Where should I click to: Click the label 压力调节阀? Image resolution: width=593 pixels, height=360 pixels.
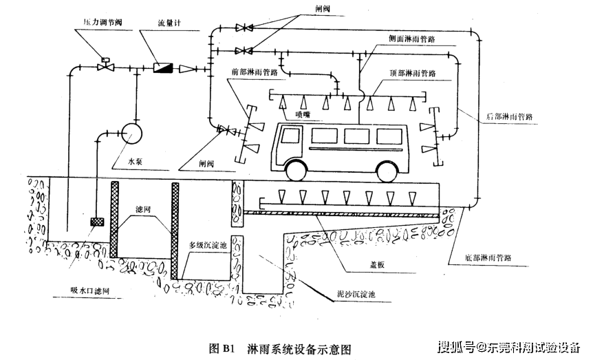98,23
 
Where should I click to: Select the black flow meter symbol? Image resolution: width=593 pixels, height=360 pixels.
163,67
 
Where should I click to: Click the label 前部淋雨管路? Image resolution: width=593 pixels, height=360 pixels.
255,71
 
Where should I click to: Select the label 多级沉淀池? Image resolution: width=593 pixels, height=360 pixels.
209,244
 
